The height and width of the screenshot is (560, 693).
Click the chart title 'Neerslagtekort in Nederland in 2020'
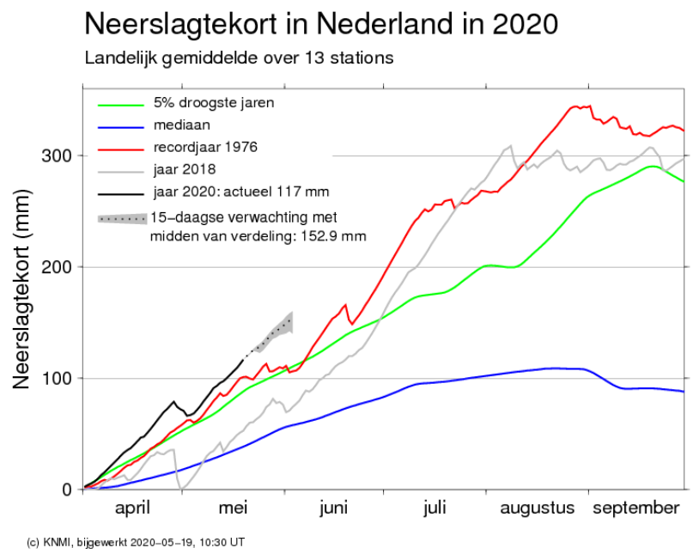pos(321,23)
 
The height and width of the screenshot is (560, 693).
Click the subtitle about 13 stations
pos(239,58)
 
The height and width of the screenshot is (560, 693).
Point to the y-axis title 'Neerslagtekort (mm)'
pos(21,289)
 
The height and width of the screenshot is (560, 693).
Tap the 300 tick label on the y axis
pos(56,156)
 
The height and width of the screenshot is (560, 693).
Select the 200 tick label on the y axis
pos(56,267)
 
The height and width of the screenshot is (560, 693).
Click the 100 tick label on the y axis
pos(56,378)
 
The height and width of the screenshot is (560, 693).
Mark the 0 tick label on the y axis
pos(67,490)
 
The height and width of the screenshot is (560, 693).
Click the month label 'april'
pos(132,508)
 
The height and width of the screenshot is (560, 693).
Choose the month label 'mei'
pos(233,508)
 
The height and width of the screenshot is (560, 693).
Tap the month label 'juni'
pos(334,508)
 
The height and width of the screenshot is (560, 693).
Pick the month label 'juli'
pos(435,508)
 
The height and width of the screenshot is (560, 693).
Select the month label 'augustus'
pos(538,508)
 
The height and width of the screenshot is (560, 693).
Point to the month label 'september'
pos(636,508)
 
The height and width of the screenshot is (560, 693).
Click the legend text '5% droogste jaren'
pos(214,103)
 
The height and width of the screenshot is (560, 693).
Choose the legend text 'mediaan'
pos(182,125)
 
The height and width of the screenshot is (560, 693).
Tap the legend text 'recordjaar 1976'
pos(205,147)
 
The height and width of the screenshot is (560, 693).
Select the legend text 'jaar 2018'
pos(185,169)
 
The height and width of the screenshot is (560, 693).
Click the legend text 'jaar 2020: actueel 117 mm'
pos(241,192)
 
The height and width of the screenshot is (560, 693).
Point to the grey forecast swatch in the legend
pos(123,218)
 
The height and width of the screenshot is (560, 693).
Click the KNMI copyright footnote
pos(136,542)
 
